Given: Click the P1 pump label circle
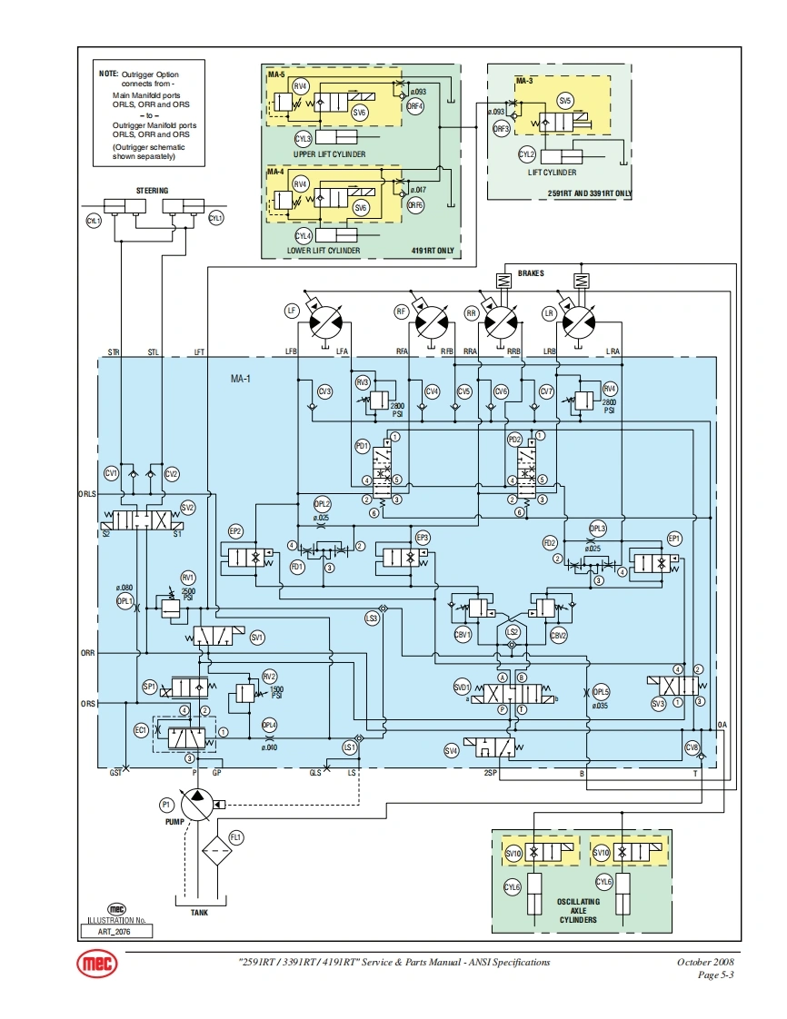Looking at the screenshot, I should coord(166,805).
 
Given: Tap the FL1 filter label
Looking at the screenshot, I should coord(236,836).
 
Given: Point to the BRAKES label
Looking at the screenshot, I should coord(532,273).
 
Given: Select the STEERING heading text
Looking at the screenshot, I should coord(152,191).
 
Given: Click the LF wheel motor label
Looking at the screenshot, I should coord(292,311).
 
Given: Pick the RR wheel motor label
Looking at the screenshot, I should coord(471,312).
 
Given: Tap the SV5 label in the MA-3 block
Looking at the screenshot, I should coord(565,101).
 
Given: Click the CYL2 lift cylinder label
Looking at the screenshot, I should coord(526,154).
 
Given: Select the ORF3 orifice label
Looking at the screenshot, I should coord(501,129).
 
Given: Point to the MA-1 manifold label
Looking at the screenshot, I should coord(240,376).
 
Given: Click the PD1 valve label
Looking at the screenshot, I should coord(362,446).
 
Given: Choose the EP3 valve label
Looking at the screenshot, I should coord(422,538).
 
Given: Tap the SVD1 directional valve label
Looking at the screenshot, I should coord(462,688).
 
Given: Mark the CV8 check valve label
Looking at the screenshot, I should coord(692,747).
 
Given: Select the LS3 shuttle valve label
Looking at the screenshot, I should coord(371,618).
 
